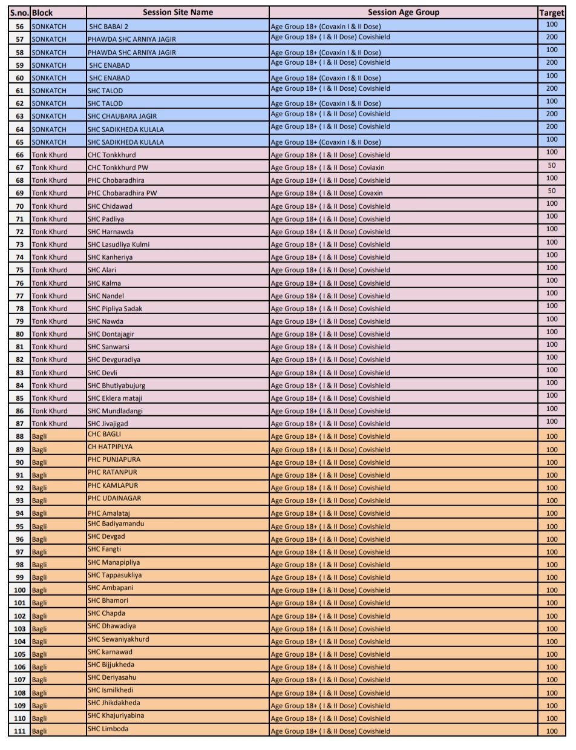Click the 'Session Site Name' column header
(x=177, y=12)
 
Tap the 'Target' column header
(x=551, y=12)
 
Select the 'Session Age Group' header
(x=403, y=12)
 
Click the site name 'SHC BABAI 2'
(x=109, y=27)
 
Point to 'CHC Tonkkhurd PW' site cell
(x=117, y=168)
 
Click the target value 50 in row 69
(x=551, y=191)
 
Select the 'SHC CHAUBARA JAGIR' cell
(x=122, y=116)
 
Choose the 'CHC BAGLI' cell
(x=105, y=434)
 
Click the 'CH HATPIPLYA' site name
(x=110, y=447)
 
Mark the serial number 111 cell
(x=20, y=731)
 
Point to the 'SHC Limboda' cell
(x=108, y=729)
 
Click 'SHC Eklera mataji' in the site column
(x=115, y=398)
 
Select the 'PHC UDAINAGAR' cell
(x=114, y=498)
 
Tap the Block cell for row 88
(x=39, y=436)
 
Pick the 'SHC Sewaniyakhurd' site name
(x=118, y=639)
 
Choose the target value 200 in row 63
(x=551, y=114)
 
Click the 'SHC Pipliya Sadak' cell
(x=115, y=309)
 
